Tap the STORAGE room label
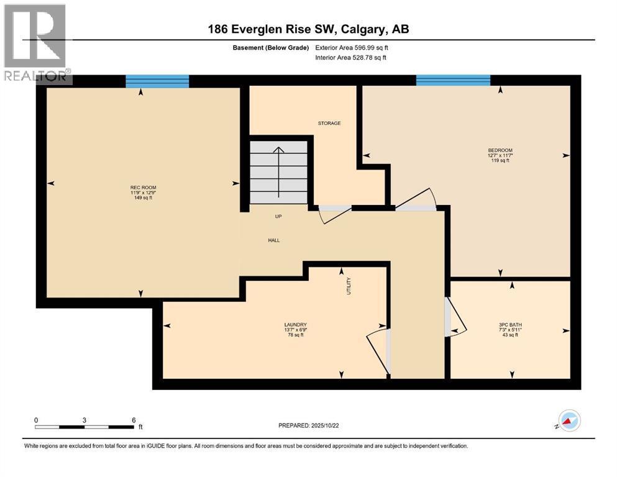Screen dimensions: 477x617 pyautogui.click(x=329, y=124)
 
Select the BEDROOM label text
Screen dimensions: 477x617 pyautogui.click(x=500, y=150)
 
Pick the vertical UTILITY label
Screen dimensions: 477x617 pyautogui.click(x=349, y=286)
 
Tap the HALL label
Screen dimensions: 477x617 pyautogui.click(x=274, y=239)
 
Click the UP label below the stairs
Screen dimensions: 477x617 pyautogui.click(x=279, y=217)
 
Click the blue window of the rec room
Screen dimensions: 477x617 pyautogui.click(x=157, y=81)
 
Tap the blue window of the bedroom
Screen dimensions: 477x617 pyautogui.click(x=453, y=80)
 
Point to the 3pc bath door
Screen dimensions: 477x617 pyautogui.click(x=455, y=317)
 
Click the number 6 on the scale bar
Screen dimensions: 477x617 pyautogui.click(x=134, y=420)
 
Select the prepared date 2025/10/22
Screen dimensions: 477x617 pyautogui.click(x=308, y=425)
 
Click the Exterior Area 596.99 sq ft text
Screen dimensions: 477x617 pyautogui.click(x=352, y=47)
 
